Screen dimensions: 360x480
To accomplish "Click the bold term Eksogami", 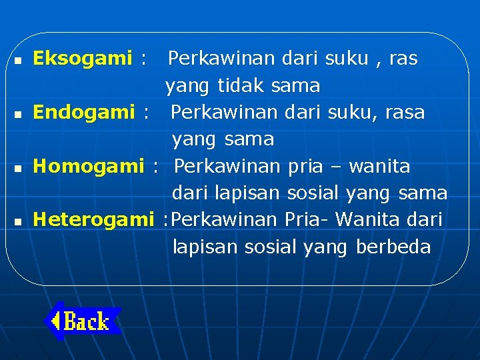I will coord(83,59).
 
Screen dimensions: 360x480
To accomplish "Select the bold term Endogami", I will coord(84,113).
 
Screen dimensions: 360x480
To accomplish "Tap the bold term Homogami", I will coord(89,166).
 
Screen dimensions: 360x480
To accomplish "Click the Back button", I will coord(83,322).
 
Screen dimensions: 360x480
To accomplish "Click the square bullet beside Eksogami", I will coord(17,60).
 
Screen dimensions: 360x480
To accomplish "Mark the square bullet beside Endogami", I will coord(17,114).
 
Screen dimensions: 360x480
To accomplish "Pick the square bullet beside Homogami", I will coord(17,167).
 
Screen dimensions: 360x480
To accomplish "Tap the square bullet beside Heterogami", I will coord(17,221).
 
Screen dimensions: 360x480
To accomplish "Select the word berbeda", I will coord(393,247).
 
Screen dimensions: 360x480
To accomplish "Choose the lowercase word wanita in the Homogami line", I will coord(379,166).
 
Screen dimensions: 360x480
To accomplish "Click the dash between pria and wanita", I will coord(335,167).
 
